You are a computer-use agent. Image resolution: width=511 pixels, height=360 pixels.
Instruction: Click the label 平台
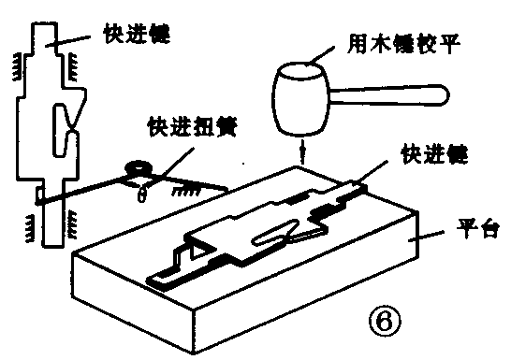(x=474, y=227)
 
